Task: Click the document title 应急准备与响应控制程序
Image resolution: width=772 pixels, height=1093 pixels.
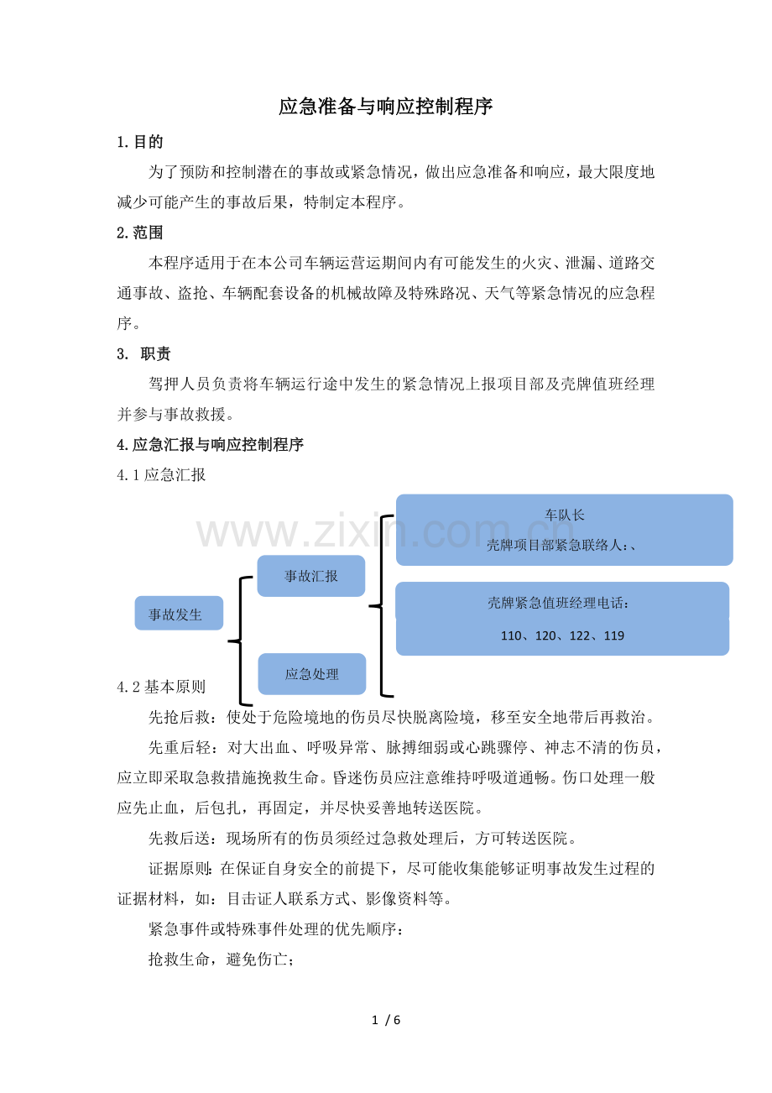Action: click(385, 107)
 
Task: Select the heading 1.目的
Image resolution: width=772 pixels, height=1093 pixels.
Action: click(140, 142)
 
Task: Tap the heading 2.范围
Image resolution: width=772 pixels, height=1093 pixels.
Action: click(140, 233)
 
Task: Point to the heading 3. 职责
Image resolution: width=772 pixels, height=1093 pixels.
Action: click(143, 353)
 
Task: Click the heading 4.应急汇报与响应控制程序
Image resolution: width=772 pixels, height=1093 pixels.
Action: click(210, 445)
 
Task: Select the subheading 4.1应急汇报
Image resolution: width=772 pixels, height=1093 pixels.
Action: click(161, 475)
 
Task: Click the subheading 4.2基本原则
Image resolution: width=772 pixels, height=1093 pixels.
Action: click(161, 687)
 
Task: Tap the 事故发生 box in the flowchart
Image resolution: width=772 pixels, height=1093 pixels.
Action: click(179, 613)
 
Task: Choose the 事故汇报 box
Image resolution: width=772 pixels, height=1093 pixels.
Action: click(311, 576)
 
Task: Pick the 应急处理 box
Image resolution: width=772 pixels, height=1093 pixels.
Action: click(312, 674)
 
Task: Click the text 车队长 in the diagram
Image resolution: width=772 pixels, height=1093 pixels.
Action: click(564, 515)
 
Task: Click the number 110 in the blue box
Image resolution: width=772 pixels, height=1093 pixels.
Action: click(510, 635)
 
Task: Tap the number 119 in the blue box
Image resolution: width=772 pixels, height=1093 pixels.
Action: click(614, 635)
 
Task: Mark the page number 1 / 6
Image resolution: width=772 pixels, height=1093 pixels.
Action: click(386, 1020)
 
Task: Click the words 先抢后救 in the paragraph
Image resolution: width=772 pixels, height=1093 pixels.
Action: click(179, 717)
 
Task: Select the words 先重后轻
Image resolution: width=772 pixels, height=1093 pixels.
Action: click(179, 747)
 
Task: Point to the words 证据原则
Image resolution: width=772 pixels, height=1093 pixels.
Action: click(179, 869)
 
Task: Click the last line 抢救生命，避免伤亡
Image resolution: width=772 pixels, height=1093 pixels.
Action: click(221, 960)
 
